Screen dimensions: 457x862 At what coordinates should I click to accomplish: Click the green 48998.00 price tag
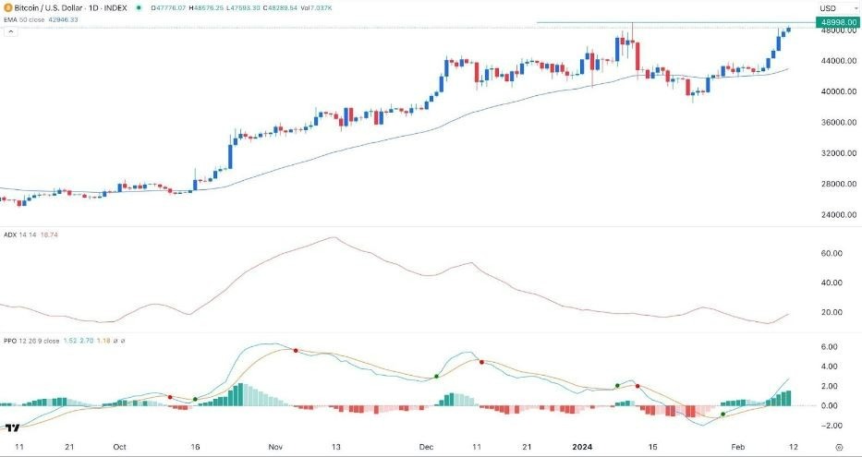835,22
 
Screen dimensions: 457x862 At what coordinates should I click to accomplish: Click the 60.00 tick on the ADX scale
831,253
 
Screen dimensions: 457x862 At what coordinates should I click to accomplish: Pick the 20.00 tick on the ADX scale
831,312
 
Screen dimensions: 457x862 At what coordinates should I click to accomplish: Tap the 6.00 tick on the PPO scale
829,347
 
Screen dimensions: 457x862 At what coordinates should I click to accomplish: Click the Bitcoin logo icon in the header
8,8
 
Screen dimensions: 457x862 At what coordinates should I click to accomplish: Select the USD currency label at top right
828,8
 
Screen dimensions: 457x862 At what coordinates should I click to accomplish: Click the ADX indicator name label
11,235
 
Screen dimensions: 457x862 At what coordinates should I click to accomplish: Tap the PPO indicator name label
11,342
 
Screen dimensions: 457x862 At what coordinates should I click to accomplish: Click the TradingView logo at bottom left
12,428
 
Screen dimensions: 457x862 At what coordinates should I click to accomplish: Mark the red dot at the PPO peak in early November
295,351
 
